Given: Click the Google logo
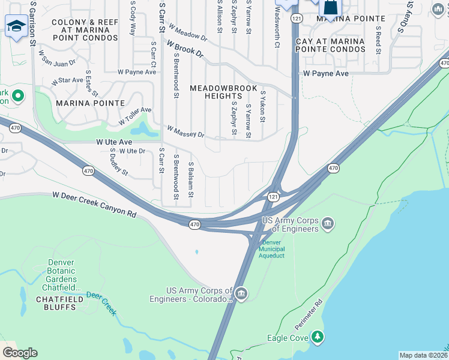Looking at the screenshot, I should (20, 353).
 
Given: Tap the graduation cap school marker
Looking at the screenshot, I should (16, 26).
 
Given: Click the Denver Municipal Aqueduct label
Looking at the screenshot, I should (271, 249).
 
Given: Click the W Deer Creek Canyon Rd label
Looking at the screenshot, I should (94, 204).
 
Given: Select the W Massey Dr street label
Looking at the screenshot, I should (185, 131).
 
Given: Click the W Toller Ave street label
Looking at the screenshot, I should (134, 116).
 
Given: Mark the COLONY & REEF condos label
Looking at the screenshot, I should (85, 30).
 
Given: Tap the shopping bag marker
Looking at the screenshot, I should (330, 8).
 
